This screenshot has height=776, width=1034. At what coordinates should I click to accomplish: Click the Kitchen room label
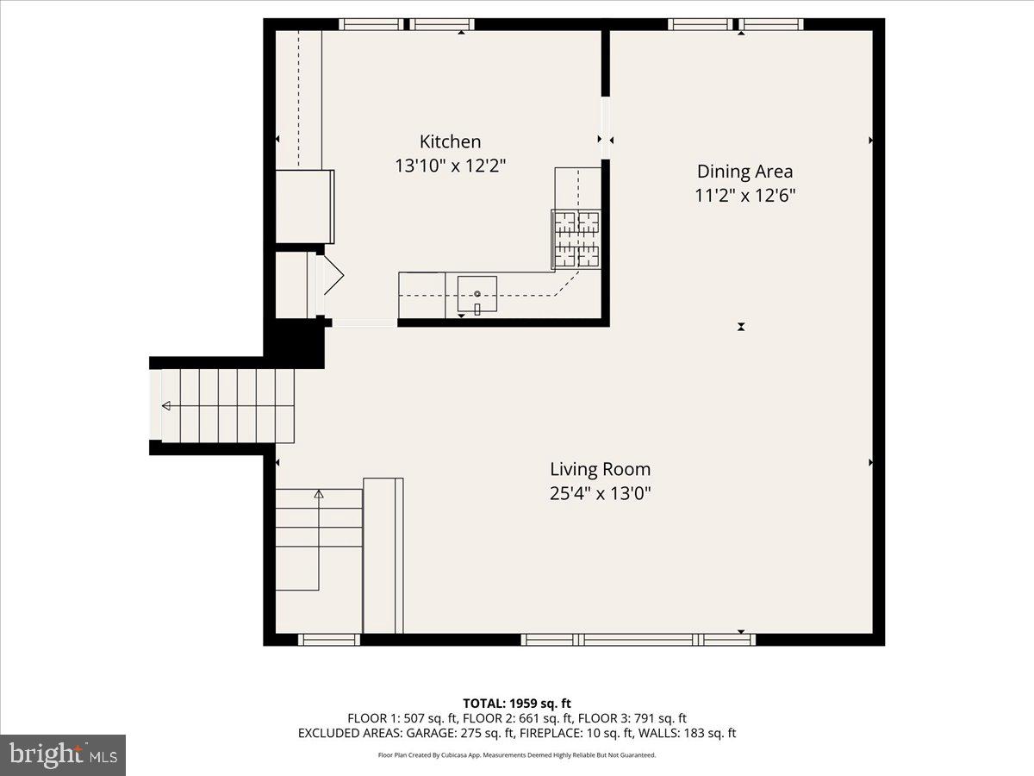[450, 141]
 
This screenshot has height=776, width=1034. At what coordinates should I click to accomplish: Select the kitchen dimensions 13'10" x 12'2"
[450, 166]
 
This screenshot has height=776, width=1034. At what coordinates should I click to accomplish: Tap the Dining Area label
[744, 172]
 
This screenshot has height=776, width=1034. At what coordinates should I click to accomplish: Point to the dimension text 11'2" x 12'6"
[744, 196]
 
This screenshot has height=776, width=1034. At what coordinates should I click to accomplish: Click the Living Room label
[600, 470]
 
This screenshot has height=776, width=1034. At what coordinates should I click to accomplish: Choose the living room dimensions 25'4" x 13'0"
[600, 494]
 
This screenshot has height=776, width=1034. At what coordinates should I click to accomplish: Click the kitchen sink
[477, 296]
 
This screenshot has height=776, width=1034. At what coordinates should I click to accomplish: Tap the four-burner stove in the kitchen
[576, 238]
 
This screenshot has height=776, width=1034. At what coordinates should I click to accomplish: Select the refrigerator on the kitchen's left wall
[303, 206]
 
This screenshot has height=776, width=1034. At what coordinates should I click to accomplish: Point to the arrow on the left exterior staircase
[166, 405]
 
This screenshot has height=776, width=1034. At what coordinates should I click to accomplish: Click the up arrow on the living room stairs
[319, 494]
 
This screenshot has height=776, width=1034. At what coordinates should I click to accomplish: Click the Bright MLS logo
[63, 755]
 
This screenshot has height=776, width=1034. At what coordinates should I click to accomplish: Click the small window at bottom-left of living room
[329, 639]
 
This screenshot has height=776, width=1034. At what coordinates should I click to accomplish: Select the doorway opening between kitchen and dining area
[606, 128]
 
